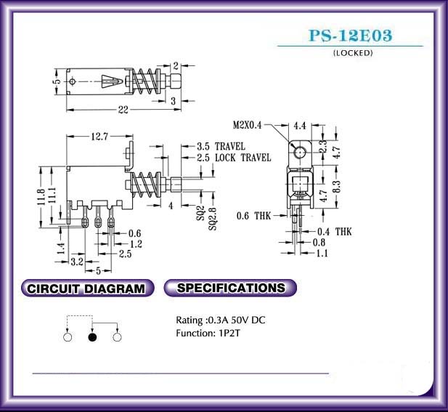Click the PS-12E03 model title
(x=351, y=36)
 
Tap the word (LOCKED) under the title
(x=353, y=53)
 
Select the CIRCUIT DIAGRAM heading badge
(x=87, y=288)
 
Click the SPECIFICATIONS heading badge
(x=230, y=288)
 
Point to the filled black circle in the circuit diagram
(x=92, y=337)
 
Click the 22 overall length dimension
(x=123, y=110)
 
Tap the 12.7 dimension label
(x=99, y=137)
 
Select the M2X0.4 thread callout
(x=247, y=125)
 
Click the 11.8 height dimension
(x=41, y=197)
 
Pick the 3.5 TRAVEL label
(x=221, y=146)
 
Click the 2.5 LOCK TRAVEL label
(x=234, y=158)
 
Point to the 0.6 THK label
(x=253, y=216)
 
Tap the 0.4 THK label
(x=334, y=232)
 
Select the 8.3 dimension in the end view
(x=337, y=187)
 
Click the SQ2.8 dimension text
(x=213, y=219)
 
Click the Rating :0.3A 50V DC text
(x=220, y=320)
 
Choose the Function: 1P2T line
(x=208, y=333)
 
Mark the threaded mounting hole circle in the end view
(x=299, y=152)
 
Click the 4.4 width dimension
(x=300, y=126)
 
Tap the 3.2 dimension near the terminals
(x=77, y=262)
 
